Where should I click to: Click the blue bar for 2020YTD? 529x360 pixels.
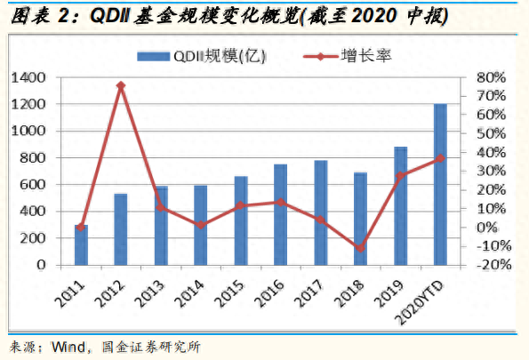[439, 185]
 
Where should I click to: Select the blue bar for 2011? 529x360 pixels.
[81, 245]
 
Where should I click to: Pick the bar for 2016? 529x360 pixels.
[280, 215]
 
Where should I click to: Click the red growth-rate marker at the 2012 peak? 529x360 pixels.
[121, 86]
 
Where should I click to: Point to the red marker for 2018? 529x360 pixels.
[360, 248]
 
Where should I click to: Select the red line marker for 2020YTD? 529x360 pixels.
[439, 158]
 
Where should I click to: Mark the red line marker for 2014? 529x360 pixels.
[201, 225]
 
